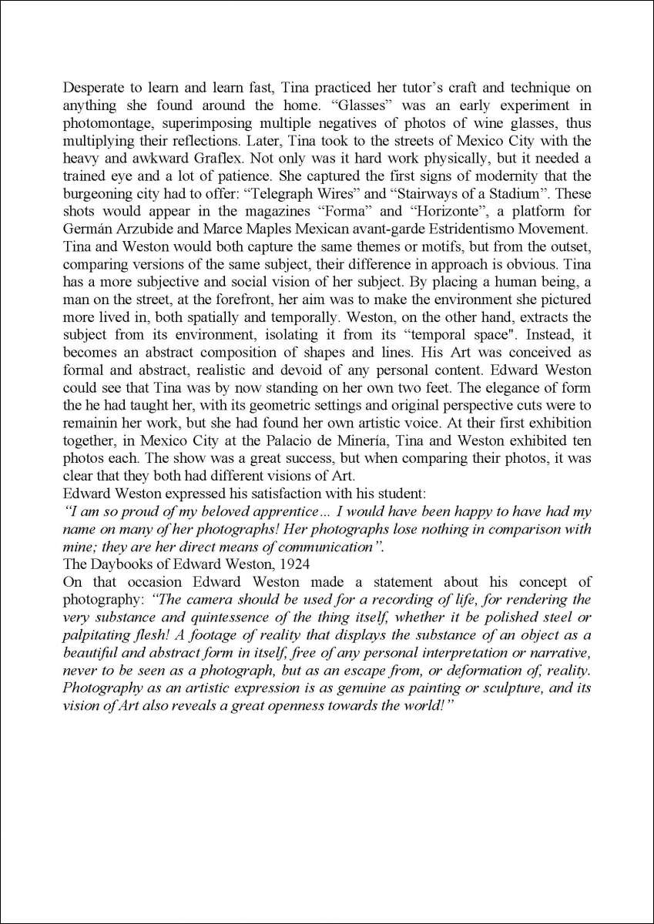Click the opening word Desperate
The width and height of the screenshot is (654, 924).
point(92,89)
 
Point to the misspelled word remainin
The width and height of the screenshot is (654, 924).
point(89,423)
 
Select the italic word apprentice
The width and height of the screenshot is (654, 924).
point(284,511)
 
